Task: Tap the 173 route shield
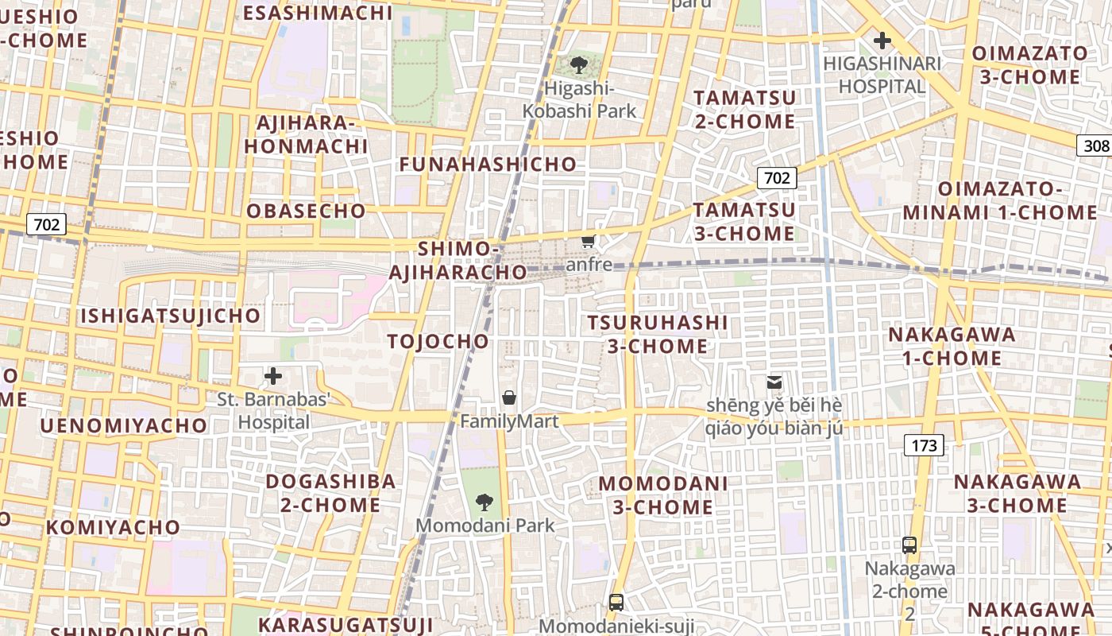pos(925,445)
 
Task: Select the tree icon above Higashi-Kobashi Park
pos(579,64)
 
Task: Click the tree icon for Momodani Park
pos(484,502)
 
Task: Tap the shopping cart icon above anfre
pos(588,241)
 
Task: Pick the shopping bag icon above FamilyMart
pos(509,397)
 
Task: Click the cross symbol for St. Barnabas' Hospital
pos(273,375)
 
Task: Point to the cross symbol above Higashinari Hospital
pos(882,41)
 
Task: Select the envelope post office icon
pos(774,382)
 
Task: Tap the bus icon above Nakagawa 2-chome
pos(909,545)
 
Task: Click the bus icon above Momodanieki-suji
pos(616,602)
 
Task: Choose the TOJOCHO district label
pos(438,342)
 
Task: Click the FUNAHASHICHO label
pos(488,165)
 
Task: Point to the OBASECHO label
pos(306,211)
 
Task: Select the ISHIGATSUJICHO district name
pos(171,316)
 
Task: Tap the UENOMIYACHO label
pos(123,425)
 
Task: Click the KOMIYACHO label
pos(114,527)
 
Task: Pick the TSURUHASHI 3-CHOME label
pos(658,334)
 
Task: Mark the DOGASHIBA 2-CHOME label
pos(330,493)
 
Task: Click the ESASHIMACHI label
pos(318,13)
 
